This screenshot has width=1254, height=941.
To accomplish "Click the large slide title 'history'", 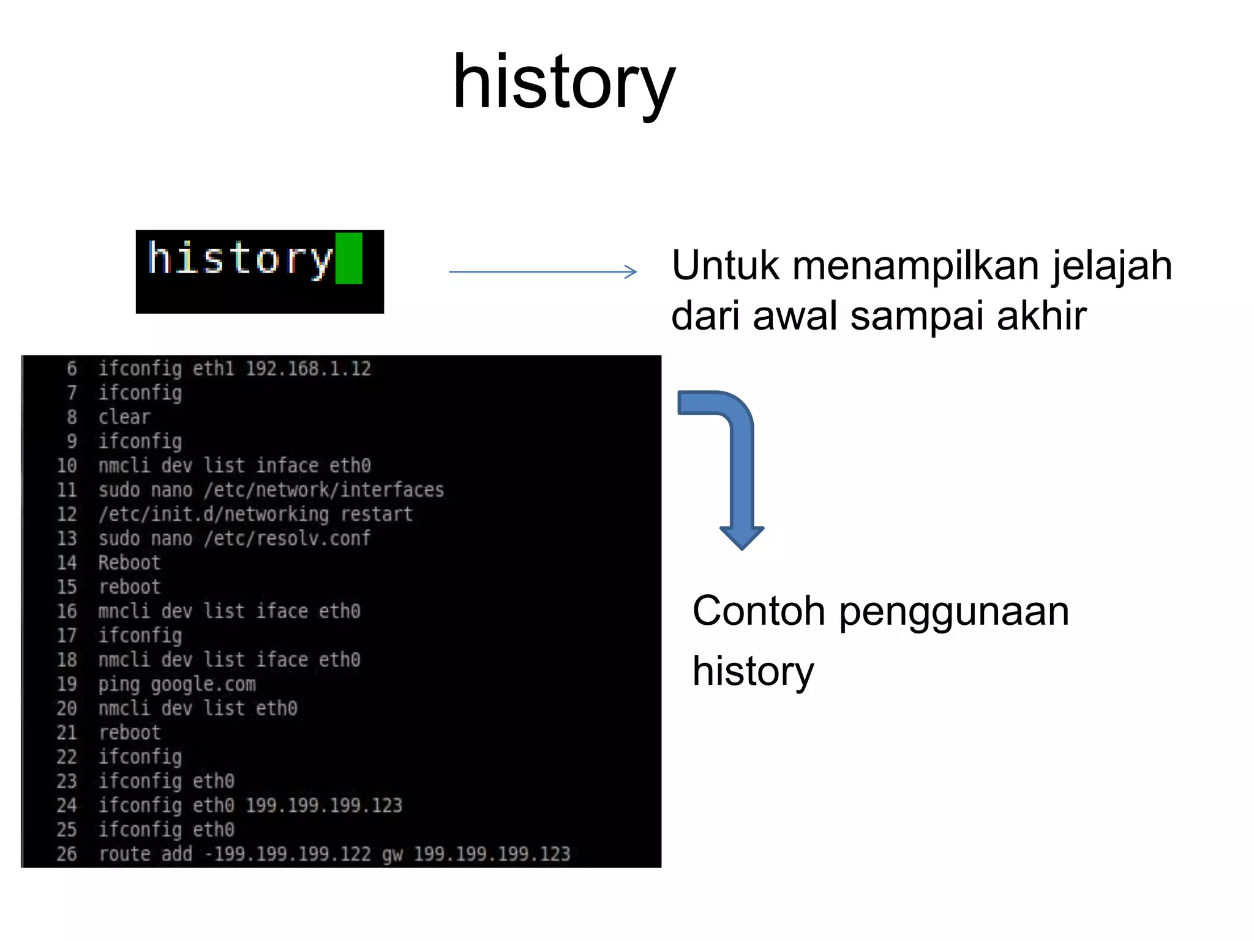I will [563, 83].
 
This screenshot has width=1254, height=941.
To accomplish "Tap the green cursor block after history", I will [349, 258].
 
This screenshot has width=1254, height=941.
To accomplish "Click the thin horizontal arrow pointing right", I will [543, 271].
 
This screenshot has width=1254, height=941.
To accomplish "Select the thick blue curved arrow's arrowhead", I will [742, 537].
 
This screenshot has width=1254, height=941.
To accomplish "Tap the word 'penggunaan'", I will [953, 611].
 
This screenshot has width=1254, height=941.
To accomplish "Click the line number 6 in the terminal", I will [72, 368].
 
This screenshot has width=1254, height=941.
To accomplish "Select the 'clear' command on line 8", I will [124, 417].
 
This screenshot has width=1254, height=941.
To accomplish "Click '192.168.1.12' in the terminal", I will [308, 369].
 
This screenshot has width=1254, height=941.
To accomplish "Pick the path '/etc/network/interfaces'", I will [324, 490].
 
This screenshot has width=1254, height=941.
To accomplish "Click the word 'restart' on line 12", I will [377, 514].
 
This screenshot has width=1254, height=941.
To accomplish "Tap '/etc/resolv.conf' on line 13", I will [287, 539].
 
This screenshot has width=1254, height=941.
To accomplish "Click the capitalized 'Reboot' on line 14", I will [129, 562].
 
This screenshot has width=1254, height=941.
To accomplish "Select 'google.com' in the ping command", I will [203, 684].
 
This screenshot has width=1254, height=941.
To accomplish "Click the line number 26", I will [67, 853].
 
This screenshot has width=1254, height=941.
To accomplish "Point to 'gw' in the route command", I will [392, 854].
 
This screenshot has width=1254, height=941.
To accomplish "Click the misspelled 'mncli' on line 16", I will [124, 611].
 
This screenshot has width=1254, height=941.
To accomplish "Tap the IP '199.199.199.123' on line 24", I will [324, 805].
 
